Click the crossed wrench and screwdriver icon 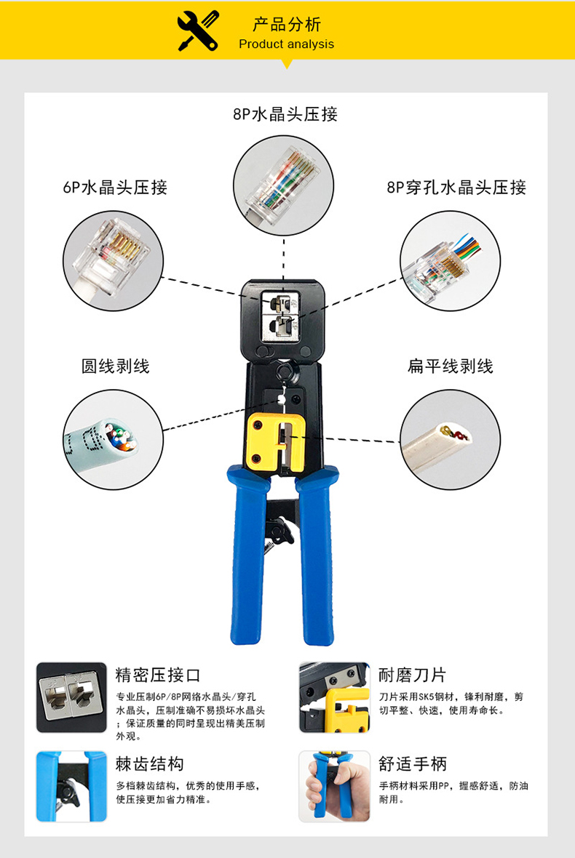(198, 31)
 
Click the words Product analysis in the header (286, 44)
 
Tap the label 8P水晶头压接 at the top (285, 114)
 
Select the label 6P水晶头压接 (115, 187)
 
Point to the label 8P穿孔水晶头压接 (456, 187)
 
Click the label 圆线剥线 (116, 366)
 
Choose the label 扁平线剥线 (450, 366)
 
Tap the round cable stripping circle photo (114, 439)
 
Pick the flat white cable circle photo (450, 439)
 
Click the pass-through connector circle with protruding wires (450, 261)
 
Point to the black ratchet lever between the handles (279, 530)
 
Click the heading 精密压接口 (158, 675)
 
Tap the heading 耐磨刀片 (413, 675)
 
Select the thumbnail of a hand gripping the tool (335, 786)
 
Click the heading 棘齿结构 (149, 763)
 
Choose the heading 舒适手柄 (413, 763)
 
